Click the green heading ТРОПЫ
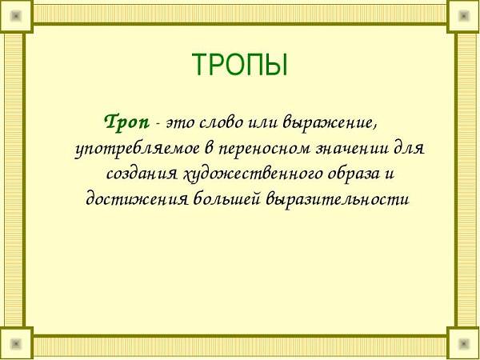pos(240,65)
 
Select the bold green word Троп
pos(127,123)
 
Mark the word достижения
pos(137,200)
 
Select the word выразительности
pos(338,200)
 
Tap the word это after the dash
pos(180,124)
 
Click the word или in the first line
pos(264,124)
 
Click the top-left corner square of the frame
pos(16,16)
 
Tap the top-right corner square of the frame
pos(463,16)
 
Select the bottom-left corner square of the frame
pos(16,343)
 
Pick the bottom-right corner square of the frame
pos(463,343)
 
